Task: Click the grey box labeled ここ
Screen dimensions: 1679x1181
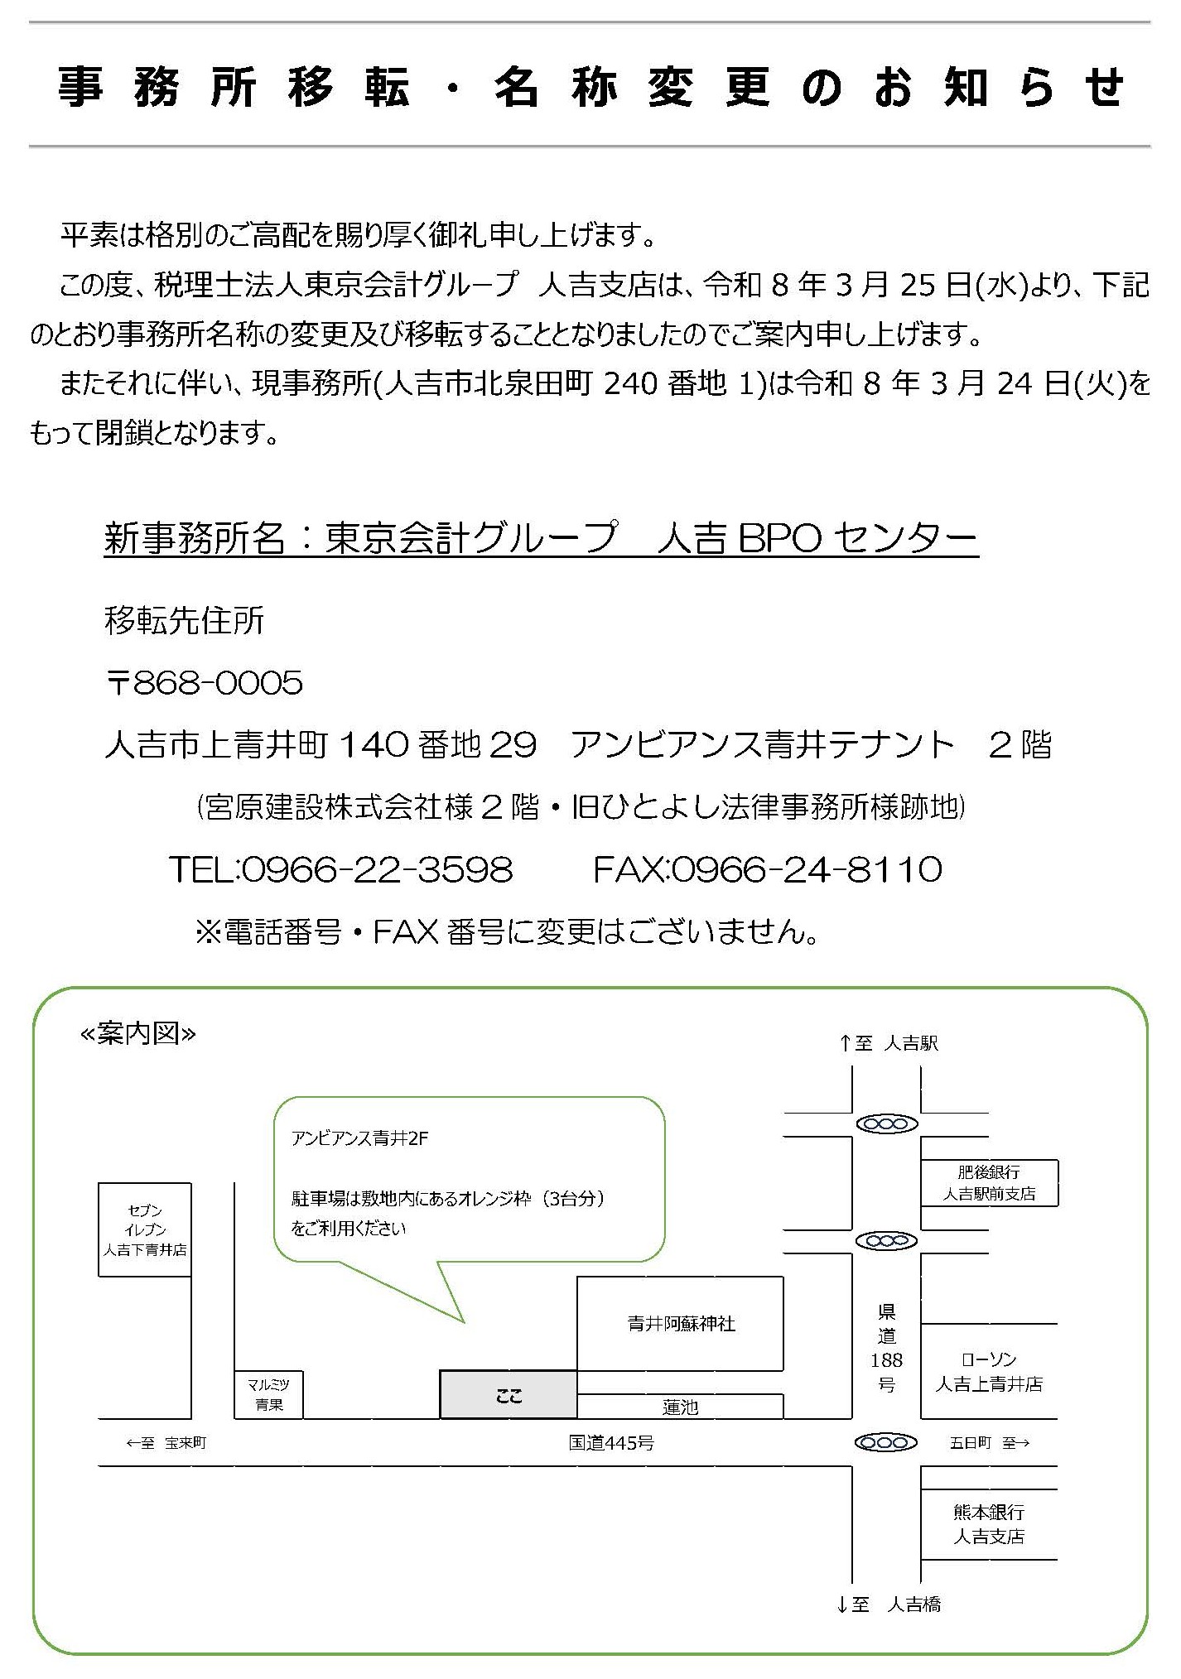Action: point(508,1395)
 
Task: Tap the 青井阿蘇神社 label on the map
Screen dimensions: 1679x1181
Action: point(681,1324)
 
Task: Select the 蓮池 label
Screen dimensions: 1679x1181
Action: point(680,1407)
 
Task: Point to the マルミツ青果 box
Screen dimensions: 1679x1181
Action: point(269,1394)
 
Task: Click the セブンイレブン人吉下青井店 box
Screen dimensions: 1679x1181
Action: point(145,1230)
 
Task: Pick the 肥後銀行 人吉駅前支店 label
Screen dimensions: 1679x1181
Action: point(989,1183)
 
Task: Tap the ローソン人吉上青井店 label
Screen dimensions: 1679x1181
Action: point(989,1372)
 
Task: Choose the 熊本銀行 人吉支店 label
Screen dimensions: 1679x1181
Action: point(989,1524)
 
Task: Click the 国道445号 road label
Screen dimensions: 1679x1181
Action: point(611,1443)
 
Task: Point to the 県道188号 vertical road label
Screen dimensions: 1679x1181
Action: point(886,1347)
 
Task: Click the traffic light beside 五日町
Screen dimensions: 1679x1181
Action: point(886,1443)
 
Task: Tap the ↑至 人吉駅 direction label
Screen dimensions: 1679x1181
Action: point(889,1044)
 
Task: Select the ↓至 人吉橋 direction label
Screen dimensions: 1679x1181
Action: point(889,1604)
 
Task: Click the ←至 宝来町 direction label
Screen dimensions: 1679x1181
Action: point(166,1443)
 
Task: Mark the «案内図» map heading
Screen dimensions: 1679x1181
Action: point(137,1034)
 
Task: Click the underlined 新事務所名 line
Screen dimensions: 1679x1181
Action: point(541,539)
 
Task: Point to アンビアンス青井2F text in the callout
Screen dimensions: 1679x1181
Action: point(359,1138)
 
